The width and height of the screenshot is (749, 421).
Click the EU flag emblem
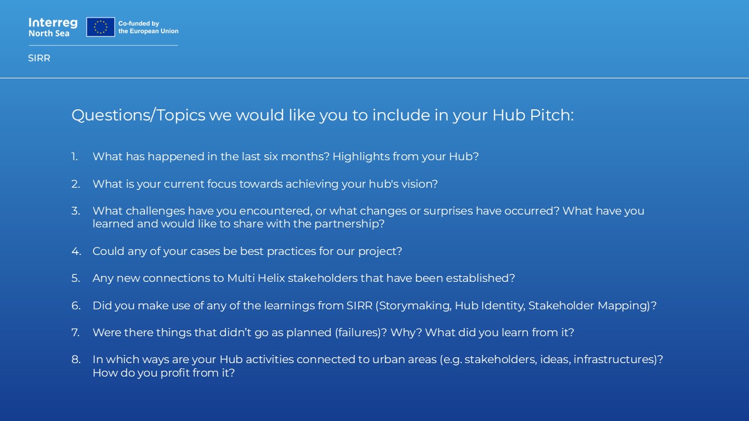[101, 27]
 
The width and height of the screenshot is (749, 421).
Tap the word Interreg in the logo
[53, 23]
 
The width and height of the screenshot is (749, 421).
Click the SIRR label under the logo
[39, 58]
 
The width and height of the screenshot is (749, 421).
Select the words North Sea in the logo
[49, 33]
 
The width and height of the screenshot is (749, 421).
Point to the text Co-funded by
[139, 23]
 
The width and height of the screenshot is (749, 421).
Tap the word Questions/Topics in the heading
[139, 115]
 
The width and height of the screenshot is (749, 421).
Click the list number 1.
[74, 156]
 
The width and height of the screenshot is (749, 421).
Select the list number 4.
[76, 251]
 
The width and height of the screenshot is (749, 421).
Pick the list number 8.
[76, 360]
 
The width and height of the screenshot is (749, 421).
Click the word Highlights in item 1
[361, 157]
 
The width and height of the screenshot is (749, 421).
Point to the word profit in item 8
[176, 373]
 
